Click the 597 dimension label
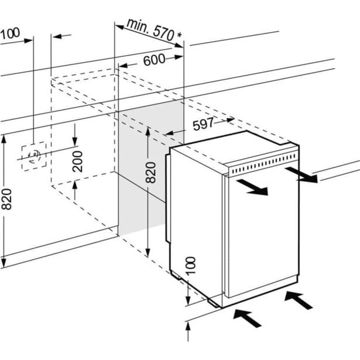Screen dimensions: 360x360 (202, 124)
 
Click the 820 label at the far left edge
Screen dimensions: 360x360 (6, 199)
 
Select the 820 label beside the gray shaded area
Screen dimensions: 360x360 (150, 173)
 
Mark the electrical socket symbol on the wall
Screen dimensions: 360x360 (34, 156)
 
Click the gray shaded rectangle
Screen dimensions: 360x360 (143, 170)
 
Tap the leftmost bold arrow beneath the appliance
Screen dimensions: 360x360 (246, 319)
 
